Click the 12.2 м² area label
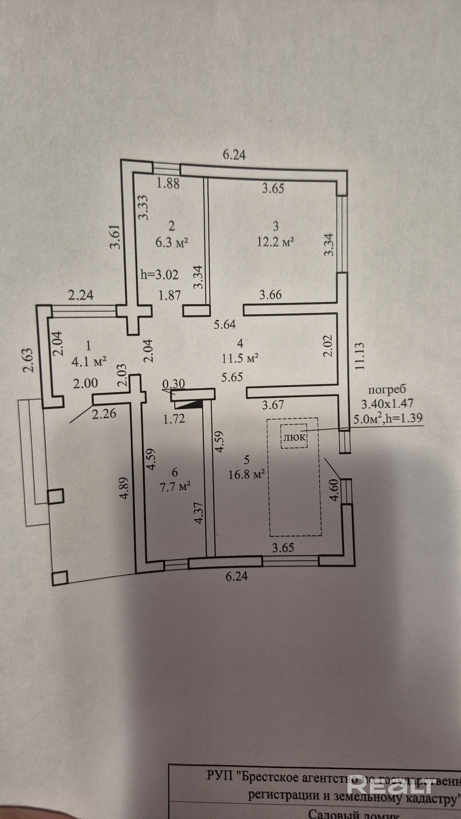[x=275, y=242]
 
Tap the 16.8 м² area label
[x=246, y=475]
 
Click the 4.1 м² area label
[x=89, y=362]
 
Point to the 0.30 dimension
[x=174, y=383]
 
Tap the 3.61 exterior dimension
[x=115, y=237]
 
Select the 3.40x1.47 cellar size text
[x=387, y=403]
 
